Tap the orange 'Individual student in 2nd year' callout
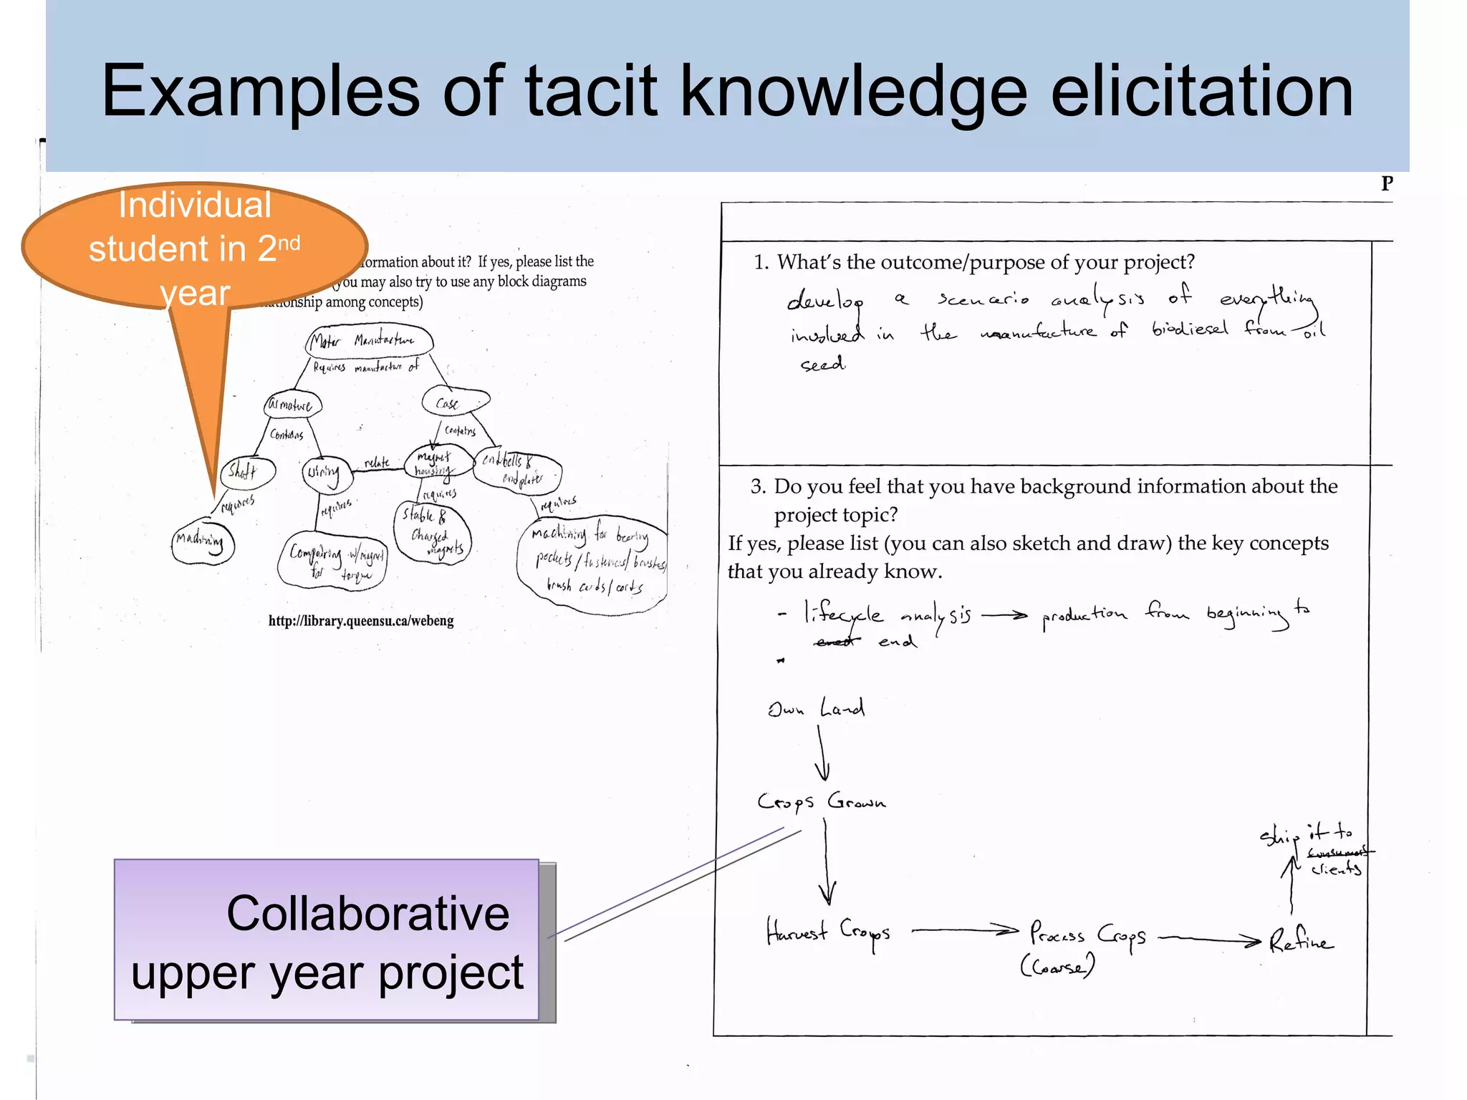(195, 247)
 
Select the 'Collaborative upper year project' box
(327, 940)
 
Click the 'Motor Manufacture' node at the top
(370, 341)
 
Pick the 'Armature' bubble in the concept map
(292, 405)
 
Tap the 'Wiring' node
(326, 473)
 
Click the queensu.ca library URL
(361, 621)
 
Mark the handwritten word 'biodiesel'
(1190, 329)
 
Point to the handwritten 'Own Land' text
(816, 708)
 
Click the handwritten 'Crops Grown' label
(822, 801)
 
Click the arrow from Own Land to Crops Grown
(822, 753)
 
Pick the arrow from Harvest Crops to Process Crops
(964, 931)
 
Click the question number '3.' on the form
(759, 487)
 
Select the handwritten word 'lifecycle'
(843, 614)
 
